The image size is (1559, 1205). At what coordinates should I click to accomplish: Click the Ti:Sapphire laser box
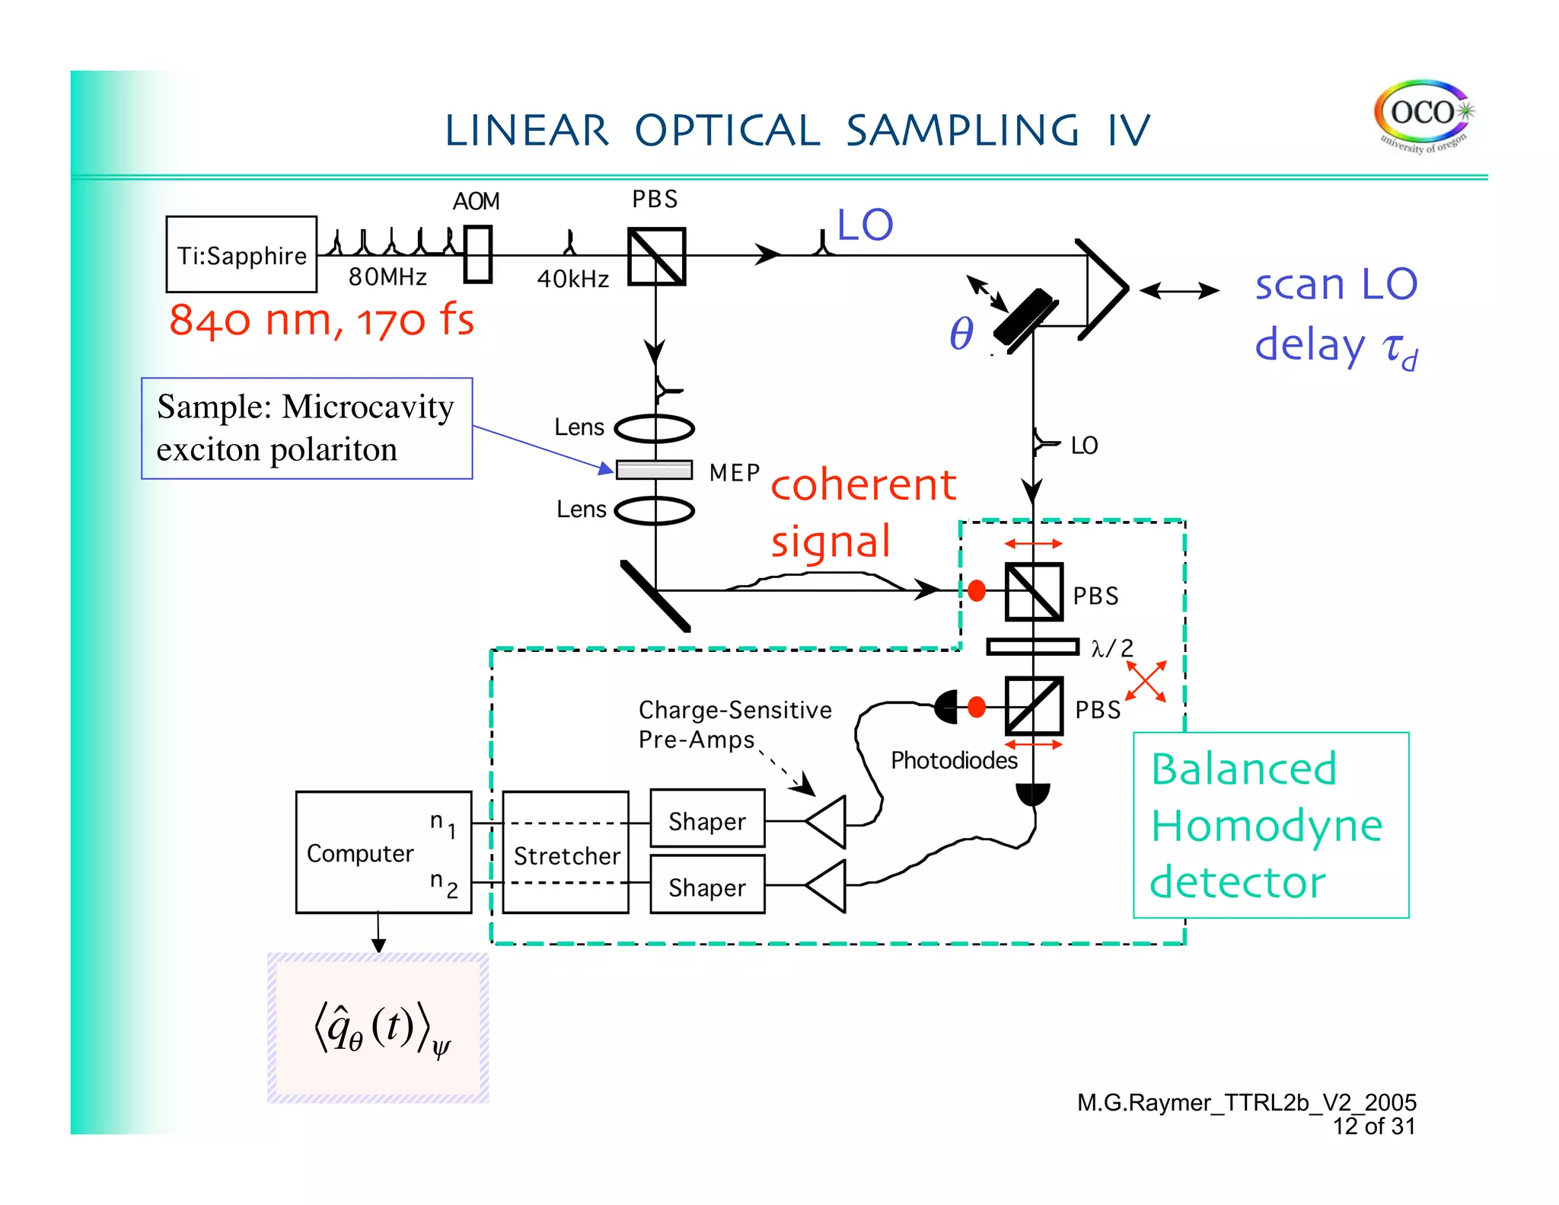click(241, 254)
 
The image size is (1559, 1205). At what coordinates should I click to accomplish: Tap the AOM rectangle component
click(478, 254)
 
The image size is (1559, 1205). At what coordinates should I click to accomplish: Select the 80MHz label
click(387, 276)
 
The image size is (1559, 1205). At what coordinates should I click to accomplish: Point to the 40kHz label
click(572, 279)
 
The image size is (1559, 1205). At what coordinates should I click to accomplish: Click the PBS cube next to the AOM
click(656, 257)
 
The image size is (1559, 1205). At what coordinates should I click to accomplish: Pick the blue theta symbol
click(961, 334)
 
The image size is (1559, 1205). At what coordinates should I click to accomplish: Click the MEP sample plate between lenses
click(654, 470)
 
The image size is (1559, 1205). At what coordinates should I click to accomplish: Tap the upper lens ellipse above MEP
click(654, 429)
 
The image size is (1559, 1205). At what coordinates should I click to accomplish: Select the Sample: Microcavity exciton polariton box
click(307, 428)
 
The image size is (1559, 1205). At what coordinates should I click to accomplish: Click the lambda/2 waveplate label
click(1111, 648)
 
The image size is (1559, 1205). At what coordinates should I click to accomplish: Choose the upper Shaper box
click(707, 820)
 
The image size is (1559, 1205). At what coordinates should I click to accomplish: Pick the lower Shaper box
click(707, 886)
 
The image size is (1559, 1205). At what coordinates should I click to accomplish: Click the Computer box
click(383, 852)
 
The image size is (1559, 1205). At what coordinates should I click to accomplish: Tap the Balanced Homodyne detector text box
click(1270, 826)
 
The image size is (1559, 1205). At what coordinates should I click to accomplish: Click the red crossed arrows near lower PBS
click(1146, 681)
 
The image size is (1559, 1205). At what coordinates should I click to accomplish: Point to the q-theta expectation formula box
click(378, 1028)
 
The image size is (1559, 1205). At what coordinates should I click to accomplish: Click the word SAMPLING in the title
click(961, 130)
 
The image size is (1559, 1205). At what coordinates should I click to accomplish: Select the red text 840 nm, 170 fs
click(321, 320)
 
